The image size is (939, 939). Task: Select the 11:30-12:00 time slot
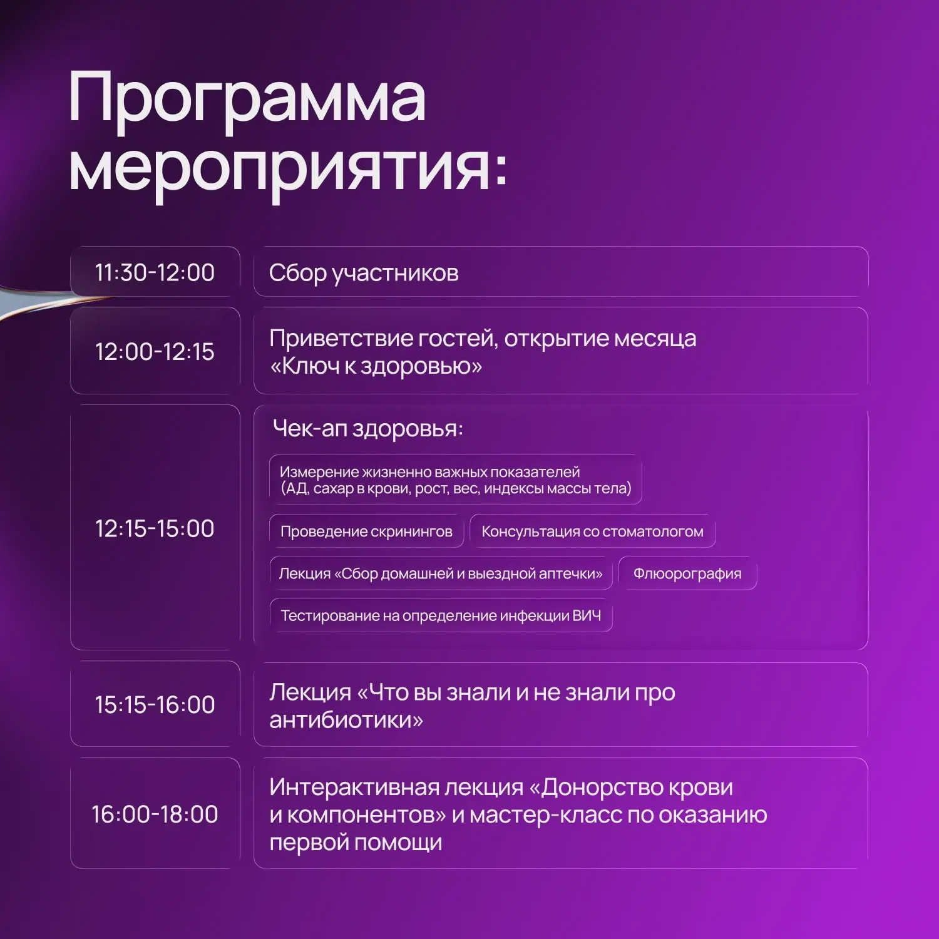pyautogui.click(x=155, y=272)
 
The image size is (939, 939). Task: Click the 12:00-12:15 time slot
pyautogui.click(x=155, y=351)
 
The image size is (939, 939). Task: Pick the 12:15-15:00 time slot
pyautogui.click(x=155, y=528)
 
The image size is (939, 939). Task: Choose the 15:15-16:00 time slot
pyautogui.click(x=155, y=704)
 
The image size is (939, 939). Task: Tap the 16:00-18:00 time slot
pyautogui.click(x=155, y=814)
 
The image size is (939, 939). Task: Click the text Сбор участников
pyautogui.click(x=364, y=274)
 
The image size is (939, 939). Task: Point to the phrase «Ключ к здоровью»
pyautogui.click(x=376, y=366)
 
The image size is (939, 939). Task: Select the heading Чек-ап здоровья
pyautogui.click(x=368, y=429)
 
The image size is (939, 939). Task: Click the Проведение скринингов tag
pyautogui.click(x=366, y=531)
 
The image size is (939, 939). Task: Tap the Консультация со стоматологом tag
pyautogui.click(x=592, y=531)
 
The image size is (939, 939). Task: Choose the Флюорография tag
pyautogui.click(x=687, y=573)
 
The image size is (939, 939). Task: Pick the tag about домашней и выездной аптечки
pyautogui.click(x=441, y=573)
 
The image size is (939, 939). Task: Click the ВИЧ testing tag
pyautogui.click(x=441, y=615)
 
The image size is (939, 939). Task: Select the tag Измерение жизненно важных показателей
pyautogui.click(x=456, y=480)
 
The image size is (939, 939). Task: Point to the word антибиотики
pyautogui.click(x=346, y=720)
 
